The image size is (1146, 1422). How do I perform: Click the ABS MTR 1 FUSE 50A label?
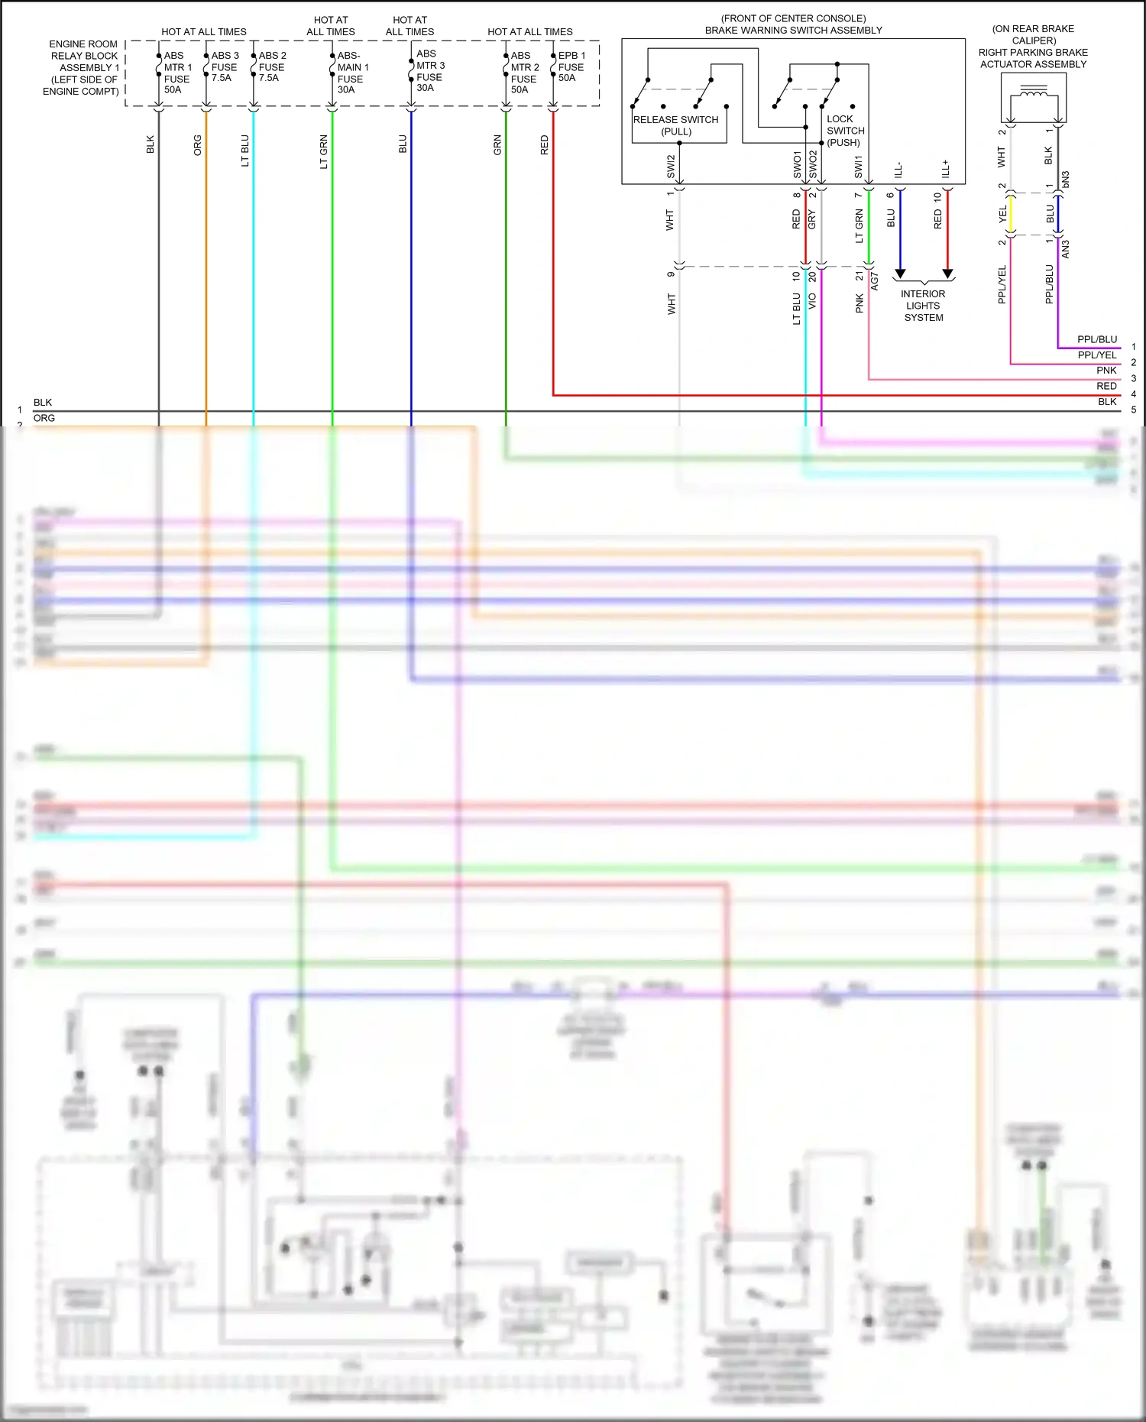177,73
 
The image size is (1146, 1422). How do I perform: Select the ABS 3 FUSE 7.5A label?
225,66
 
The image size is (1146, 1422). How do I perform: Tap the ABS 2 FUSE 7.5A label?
272,66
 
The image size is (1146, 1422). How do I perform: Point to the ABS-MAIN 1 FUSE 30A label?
352,73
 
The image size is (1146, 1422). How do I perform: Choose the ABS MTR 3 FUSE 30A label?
430,71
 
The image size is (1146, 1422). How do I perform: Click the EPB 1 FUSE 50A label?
571,66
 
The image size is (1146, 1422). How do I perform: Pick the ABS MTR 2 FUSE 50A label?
524,73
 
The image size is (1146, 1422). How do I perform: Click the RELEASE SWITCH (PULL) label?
676,125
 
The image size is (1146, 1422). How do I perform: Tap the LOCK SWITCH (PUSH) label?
845,131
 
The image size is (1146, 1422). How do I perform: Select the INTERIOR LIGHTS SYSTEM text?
923,306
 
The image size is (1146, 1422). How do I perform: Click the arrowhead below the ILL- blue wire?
900,274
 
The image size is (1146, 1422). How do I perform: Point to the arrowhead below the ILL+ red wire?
947,274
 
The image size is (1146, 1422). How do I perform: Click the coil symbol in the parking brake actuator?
1034,94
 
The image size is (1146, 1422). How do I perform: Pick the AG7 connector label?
875,282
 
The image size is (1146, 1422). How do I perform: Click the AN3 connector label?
1066,249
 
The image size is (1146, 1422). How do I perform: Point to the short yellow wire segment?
1010,215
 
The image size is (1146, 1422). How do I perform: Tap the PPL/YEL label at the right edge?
1097,355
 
